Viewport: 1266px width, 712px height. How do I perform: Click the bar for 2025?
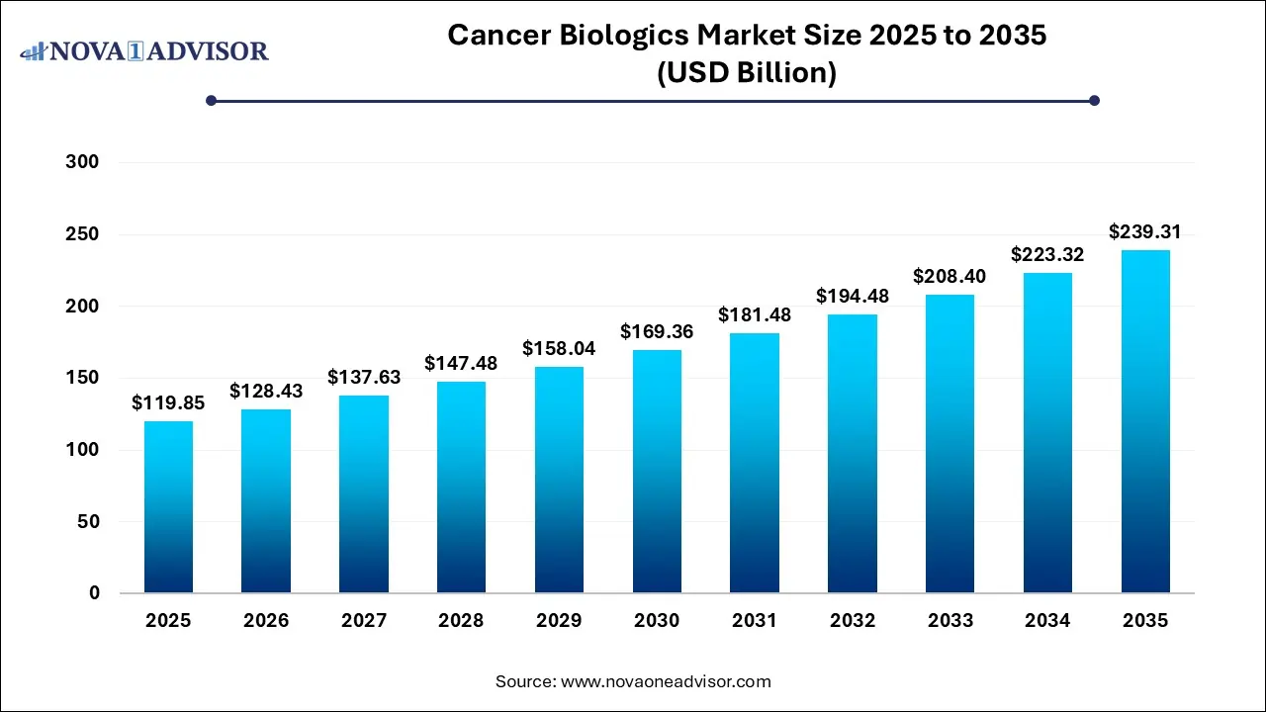[168, 507]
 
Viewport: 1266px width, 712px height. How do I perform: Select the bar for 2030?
[657, 472]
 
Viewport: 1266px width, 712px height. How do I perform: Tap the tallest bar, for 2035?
[1145, 421]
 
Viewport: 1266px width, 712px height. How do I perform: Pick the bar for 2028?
[461, 488]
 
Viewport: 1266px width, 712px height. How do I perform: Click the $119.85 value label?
[168, 403]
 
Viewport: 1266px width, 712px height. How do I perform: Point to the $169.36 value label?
[657, 332]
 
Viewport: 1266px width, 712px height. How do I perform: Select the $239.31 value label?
[1145, 232]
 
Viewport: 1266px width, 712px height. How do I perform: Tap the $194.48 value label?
[853, 296]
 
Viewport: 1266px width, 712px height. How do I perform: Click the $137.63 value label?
[364, 378]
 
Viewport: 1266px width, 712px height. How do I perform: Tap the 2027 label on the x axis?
[364, 621]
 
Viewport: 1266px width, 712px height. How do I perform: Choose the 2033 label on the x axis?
[949, 621]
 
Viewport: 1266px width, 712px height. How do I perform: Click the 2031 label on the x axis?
[755, 621]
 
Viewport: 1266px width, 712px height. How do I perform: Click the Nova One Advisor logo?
[144, 50]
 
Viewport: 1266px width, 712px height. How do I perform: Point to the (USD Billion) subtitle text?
[747, 73]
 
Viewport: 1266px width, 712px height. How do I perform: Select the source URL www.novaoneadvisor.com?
[666, 681]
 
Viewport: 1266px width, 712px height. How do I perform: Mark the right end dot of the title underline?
[1094, 100]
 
